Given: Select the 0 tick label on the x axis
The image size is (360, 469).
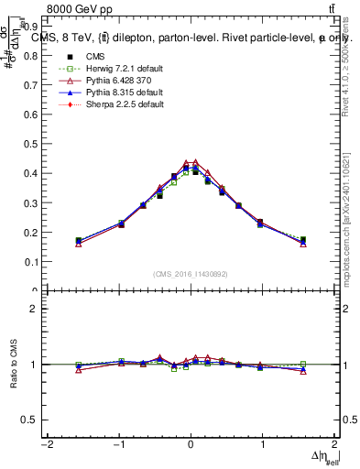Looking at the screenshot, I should pos(190,444).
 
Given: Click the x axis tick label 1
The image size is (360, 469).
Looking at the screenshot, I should pos(262,444).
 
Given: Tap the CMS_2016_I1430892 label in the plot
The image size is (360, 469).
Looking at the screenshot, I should pos(190,274).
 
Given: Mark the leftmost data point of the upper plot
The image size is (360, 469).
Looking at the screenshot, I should pos(79,242).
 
